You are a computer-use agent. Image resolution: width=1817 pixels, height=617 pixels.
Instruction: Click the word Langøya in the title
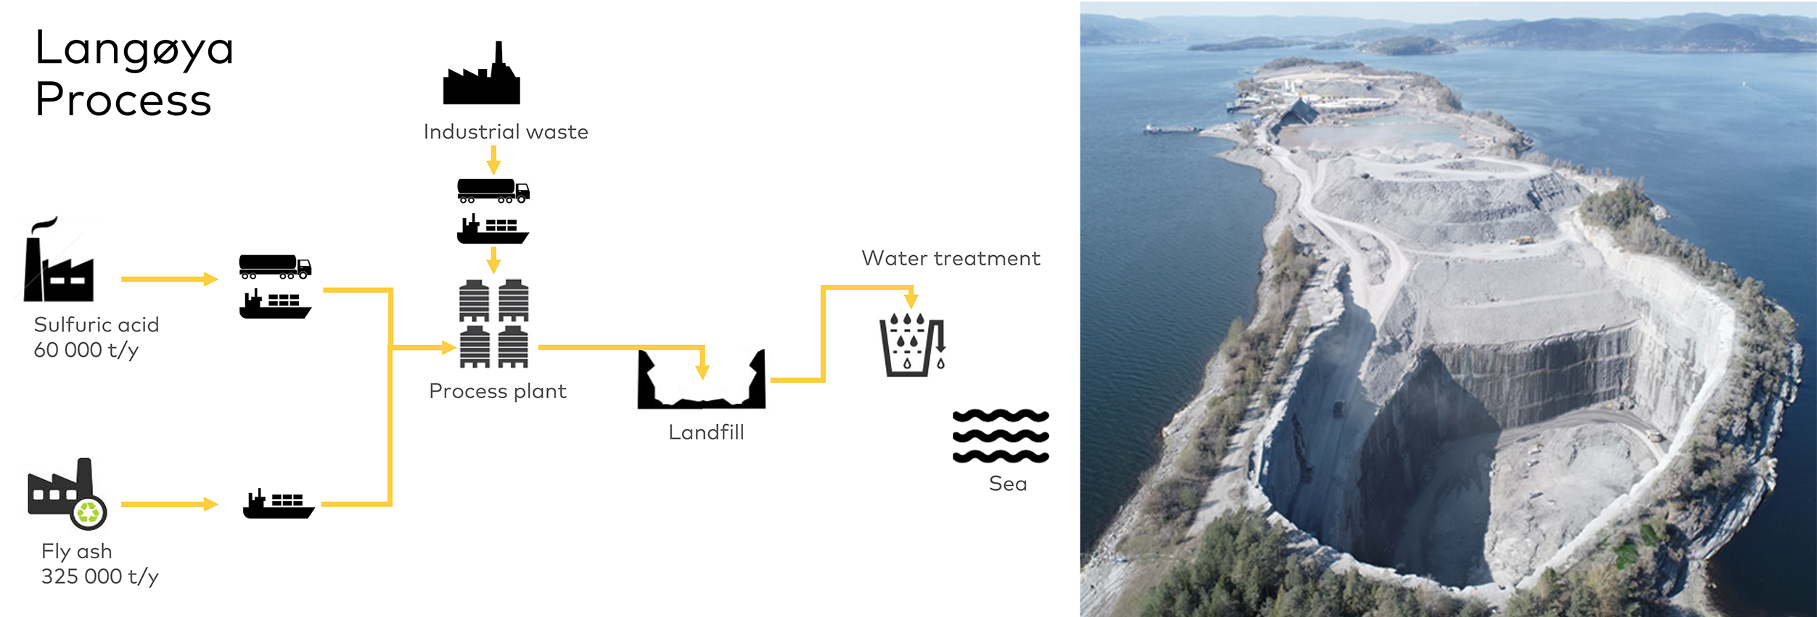[x=134, y=49]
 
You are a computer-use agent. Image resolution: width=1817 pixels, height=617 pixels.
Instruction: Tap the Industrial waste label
[x=506, y=132]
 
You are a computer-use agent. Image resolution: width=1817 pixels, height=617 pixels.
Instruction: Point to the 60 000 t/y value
[x=86, y=350]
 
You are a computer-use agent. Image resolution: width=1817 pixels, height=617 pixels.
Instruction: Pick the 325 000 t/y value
[x=99, y=576]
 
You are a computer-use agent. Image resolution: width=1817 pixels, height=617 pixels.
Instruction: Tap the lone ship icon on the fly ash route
[x=279, y=504]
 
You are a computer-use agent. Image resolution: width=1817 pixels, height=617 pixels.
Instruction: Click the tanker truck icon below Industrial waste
[x=493, y=191]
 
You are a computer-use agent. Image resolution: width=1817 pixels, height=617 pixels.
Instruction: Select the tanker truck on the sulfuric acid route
[x=275, y=267]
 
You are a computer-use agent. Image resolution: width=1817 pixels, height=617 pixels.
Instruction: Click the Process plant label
[x=497, y=392]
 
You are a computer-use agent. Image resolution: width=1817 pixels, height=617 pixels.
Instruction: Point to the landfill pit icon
[x=701, y=380]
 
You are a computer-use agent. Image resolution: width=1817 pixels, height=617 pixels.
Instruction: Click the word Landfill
[x=706, y=433]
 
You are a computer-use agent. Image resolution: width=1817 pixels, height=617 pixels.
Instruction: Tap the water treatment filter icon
[x=912, y=344]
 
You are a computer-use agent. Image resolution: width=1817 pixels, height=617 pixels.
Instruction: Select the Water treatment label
[x=951, y=259]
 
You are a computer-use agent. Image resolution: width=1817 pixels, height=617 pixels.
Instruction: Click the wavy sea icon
[x=1001, y=436]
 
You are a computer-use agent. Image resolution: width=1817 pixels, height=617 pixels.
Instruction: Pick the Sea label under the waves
[x=1008, y=484]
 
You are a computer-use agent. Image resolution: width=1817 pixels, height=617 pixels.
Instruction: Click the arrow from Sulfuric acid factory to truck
[x=170, y=279]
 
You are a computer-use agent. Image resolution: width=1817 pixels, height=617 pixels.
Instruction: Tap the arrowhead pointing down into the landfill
[x=702, y=373]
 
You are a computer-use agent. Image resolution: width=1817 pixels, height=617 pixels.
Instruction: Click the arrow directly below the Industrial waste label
[x=493, y=160]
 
